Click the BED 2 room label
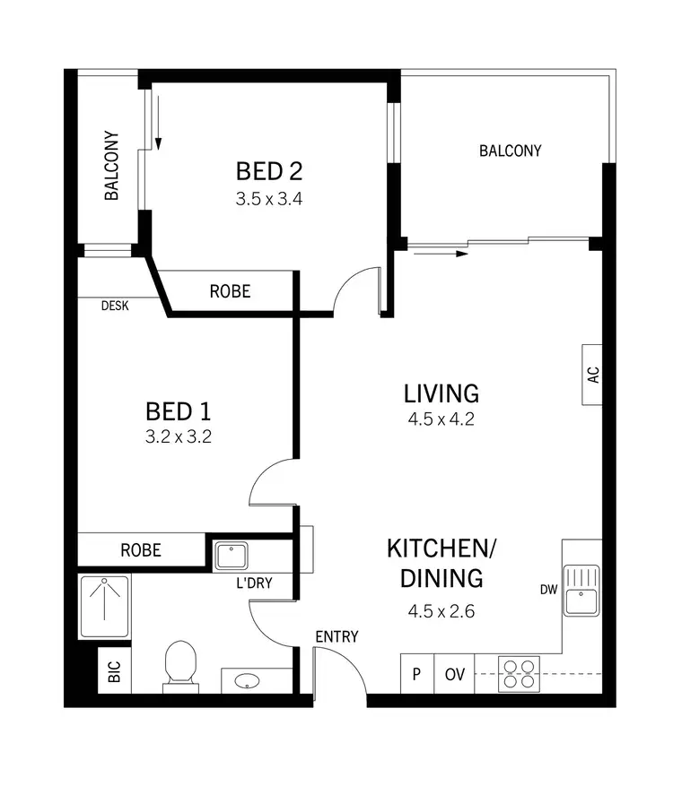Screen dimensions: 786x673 coord(268,169)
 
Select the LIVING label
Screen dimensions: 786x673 coord(441,393)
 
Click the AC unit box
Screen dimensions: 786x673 coord(592,375)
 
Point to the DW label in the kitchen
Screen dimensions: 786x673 coord(549,590)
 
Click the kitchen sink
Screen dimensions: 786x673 coord(581,590)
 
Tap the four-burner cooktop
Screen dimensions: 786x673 coord(518,673)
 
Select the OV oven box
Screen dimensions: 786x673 coord(455,675)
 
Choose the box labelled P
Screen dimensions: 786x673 coord(417,675)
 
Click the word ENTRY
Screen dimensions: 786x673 coord(336,636)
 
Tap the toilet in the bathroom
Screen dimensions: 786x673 coord(181,665)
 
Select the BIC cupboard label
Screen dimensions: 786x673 coord(114,672)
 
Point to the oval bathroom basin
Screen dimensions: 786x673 coord(248,682)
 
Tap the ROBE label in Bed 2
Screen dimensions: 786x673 coord(230,291)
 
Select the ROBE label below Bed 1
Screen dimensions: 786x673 coord(141,549)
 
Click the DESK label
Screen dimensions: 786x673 coord(114,306)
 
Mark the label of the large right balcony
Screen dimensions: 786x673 coord(510,151)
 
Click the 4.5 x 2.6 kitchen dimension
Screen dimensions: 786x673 coord(441,612)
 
